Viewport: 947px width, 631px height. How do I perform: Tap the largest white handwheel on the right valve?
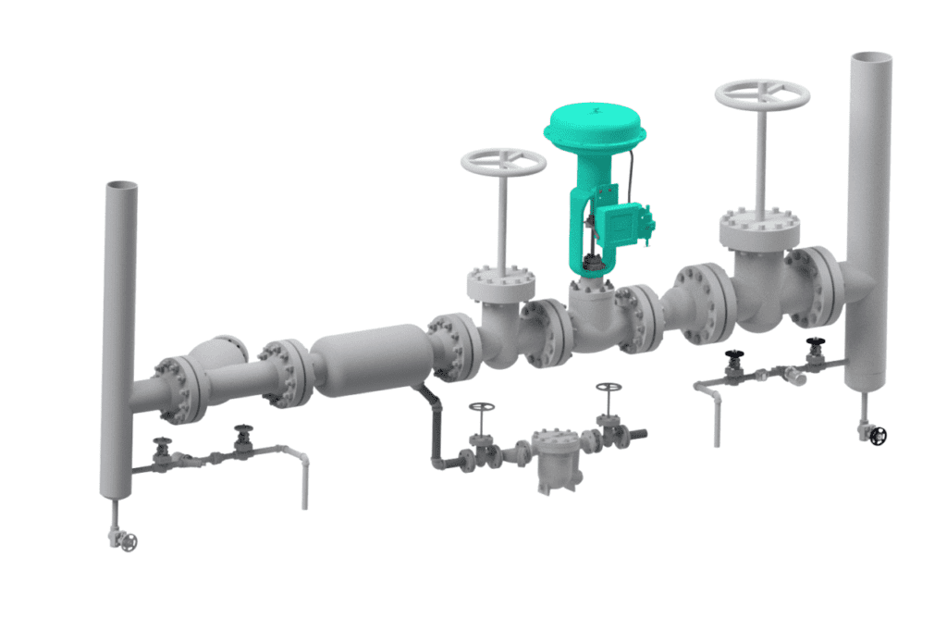[x=763, y=94]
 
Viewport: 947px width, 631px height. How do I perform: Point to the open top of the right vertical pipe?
[x=871, y=58]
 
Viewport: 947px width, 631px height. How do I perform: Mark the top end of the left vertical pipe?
[x=120, y=186]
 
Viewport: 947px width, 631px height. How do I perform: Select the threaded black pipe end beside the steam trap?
[x=635, y=434]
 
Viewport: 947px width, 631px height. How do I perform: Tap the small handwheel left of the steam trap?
[x=481, y=407]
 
